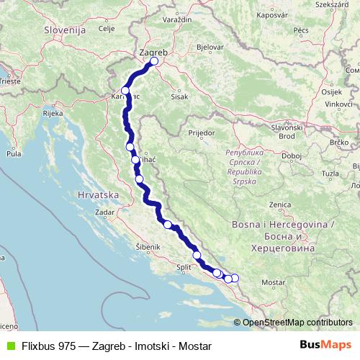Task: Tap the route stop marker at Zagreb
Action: (x=154, y=61)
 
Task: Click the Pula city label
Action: (x=13, y=153)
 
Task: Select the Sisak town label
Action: (x=179, y=96)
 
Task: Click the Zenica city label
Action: (x=279, y=205)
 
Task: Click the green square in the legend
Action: (x=9, y=345)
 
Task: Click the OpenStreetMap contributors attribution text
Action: (x=297, y=322)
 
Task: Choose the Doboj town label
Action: (x=292, y=155)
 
